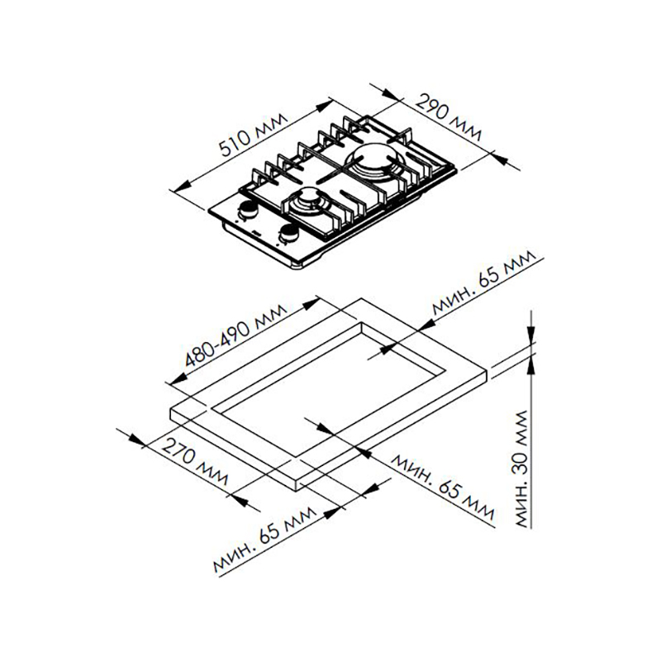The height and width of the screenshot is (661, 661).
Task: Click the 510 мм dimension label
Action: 254,135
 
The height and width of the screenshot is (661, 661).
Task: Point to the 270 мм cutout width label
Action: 194,462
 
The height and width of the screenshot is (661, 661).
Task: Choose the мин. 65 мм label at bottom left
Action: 264,540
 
